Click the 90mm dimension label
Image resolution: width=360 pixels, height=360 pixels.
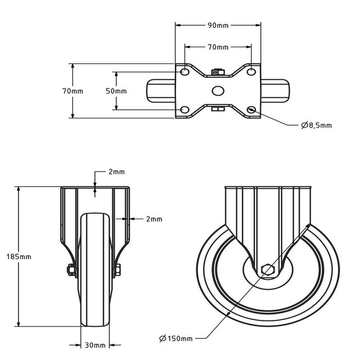pos(219,24)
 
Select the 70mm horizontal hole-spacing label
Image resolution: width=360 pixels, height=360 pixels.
pos(218,47)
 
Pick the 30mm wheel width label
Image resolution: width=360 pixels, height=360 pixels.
pos(96,345)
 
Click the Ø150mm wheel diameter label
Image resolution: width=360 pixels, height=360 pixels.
pos(176,338)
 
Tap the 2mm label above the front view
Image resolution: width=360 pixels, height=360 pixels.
pos(116,172)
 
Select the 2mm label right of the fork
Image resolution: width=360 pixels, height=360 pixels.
pos(154,219)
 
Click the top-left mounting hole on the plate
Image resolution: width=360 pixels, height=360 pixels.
pos(184,70)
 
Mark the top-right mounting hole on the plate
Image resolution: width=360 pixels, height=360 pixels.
pos(251,70)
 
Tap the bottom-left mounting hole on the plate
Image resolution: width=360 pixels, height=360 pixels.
pos(184,110)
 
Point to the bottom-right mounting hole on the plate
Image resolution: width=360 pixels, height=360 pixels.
pos(251,110)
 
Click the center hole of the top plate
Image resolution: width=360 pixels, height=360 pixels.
pos(218,91)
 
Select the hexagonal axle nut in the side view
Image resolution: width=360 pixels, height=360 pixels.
pos(267,269)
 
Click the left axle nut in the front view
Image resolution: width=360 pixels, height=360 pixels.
pos(69,269)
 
